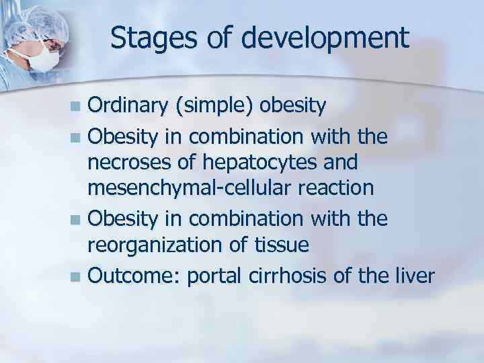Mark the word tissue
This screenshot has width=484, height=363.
pyautogui.click(x=280, y=245)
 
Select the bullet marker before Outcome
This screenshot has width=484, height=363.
pyautogui.click(x=79, y=276)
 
